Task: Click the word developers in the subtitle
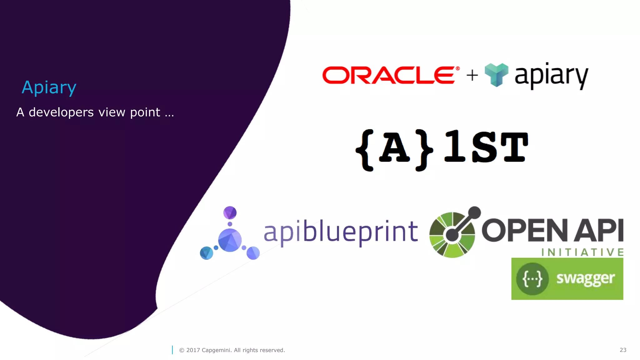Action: [x=61, y=112]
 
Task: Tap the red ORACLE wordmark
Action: [x=389, y=75]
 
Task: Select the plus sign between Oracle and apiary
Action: [x=472, y=75]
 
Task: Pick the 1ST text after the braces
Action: [x=486, y=147]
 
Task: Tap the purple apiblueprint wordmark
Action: [x=341, y=232]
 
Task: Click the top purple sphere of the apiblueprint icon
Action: [x=230, y=213]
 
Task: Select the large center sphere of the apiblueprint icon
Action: [x=230, y=240]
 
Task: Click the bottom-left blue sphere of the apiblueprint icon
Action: [x=206, y=253]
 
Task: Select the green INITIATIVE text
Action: [x=582, y=252]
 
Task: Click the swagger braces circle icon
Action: [x=532, y=278]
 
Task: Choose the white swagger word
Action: [x=585, y=278]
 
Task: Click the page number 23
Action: [x=623, y=350]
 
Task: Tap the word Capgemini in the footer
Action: [x=217, y=350]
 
